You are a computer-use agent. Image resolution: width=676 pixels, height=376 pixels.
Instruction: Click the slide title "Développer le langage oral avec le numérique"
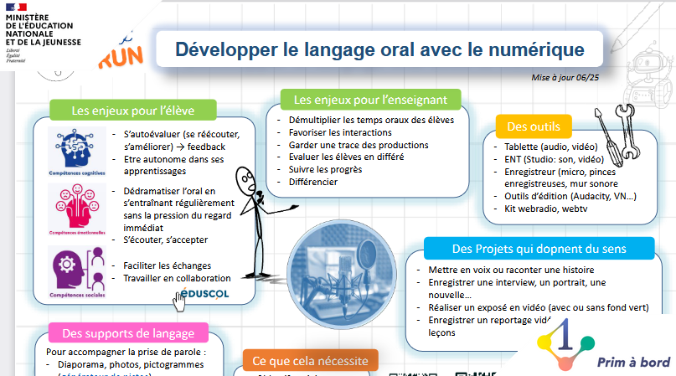pos(368,47)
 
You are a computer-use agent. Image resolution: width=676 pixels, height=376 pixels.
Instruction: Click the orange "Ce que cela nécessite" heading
pos(310,361)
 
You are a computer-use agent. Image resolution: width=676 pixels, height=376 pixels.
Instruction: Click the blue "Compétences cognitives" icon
pos(75,149)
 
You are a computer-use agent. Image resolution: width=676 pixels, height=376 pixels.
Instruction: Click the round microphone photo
pos(341,266)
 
